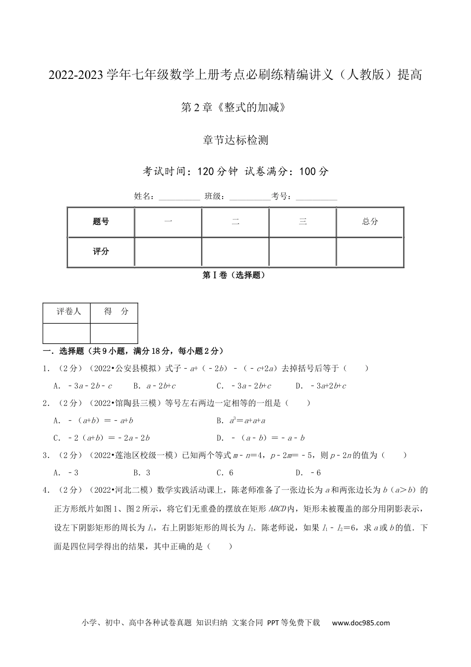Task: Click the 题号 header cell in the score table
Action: (x=101, y=222)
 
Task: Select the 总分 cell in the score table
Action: (x=370, y=222)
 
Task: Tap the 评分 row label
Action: (x=101, y=252)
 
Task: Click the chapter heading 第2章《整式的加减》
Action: (x=235, y=107)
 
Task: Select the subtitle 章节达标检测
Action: (x=235, y=140)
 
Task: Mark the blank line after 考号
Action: (x=316, y=197)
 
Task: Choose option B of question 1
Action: (x=155, y=386)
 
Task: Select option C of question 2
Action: (x=102, y=438)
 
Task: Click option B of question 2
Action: (x=241, y=420)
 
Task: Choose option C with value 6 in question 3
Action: (x=225, y=472)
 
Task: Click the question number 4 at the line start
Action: (x=46, y=490)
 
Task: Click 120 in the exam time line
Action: (x=205, y=172)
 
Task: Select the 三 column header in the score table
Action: (x=302, y=222)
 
